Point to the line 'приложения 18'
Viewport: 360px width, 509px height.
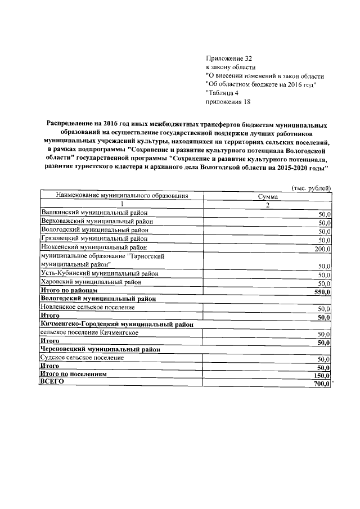pyautogui.click(x=228, y=102)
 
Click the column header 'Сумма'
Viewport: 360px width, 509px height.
pyautogui.click(x=268, y=196)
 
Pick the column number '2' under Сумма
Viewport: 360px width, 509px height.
pyautogui.click(x=268, y=205)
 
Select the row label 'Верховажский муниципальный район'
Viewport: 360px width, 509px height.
pyautogui.click(x=97, y=222)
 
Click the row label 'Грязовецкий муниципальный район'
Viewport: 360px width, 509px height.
pyautogui.click(x=95, y=238)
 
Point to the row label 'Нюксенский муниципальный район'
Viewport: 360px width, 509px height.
pyautogui.click(x=94, y=247)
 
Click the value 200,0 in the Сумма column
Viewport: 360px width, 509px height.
pyautogui.click(x=323, y=248)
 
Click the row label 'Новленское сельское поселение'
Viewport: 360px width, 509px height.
pyautogui.click(x=88, y=308)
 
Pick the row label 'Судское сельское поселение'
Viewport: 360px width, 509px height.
pyautogui.click(x=83, y=358)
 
